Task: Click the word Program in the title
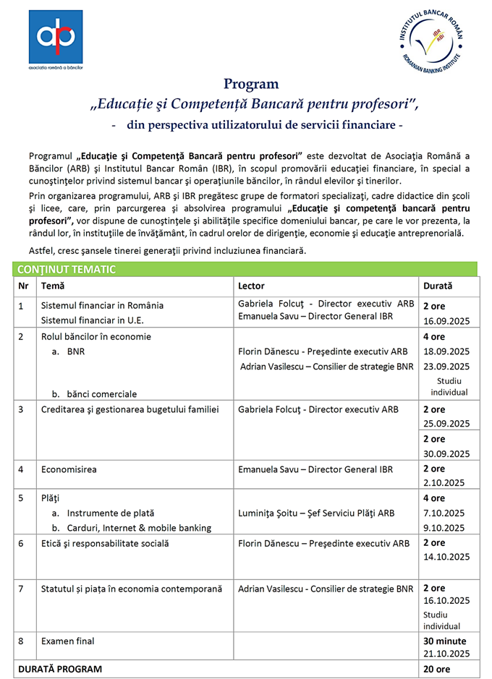pyautogui.click(x=251, y=84)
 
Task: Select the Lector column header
pyautogui.click(x=251, y=286)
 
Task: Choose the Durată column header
pyautogui.click(x=438, y=286)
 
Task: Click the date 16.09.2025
pyautogui.click(x=446, y=320)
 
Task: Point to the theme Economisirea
pyautogui.click(x=69, y=469)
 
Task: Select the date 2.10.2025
pyautogui.click(x=444, y=483)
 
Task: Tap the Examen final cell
pyautogui.click(x=68, y=641)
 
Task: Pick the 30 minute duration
pyautogui.click(x=444, y=641)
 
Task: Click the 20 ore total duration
pyautogui.click(x=436, y=669)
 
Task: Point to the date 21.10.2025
pyautogui.click(x=446, y=654)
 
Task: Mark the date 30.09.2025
pyautogui.click(x=446, y=453)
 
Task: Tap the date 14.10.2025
pyautogui.click(x=446, y=556)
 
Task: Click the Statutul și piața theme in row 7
pyautogui.click(x=131, y=589)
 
